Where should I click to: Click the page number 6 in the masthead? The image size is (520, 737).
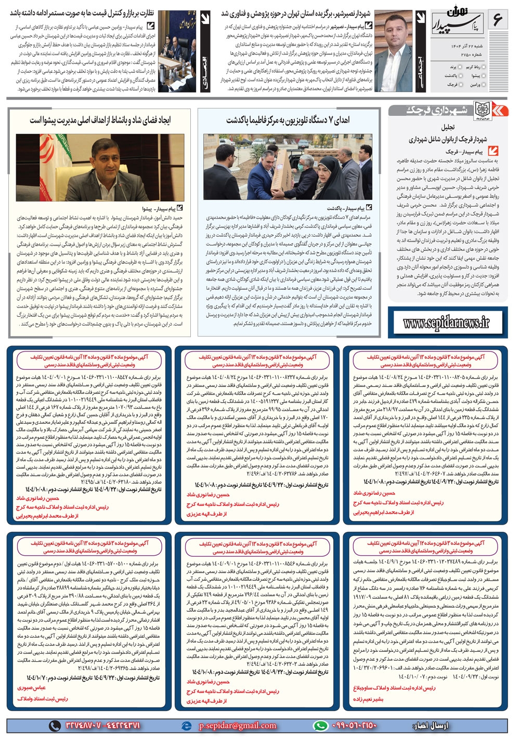(497, 20)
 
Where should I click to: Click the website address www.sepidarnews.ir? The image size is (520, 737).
(446, 323)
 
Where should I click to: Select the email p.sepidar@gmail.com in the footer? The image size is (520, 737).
(237, 726)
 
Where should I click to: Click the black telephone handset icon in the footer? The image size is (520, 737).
(55, 726)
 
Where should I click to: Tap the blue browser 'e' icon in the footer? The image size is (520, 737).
(186, 726)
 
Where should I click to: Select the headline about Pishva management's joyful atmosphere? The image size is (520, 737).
(100, 120)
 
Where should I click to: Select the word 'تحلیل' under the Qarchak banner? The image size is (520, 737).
(448, 127)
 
